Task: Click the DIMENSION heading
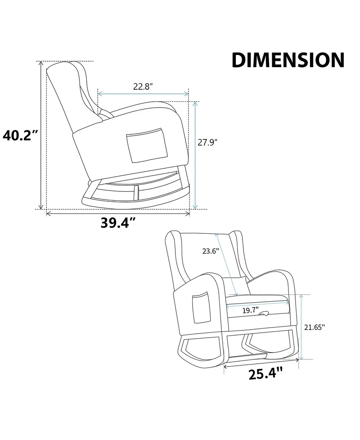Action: [288, 60]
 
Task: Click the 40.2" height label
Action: [19, 135]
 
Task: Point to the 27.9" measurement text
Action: [208, 143]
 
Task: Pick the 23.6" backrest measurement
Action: [210, 251]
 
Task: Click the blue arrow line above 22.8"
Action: [143, 94]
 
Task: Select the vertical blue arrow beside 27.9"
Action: [195, 155]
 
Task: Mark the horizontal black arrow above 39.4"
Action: [118, 213]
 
